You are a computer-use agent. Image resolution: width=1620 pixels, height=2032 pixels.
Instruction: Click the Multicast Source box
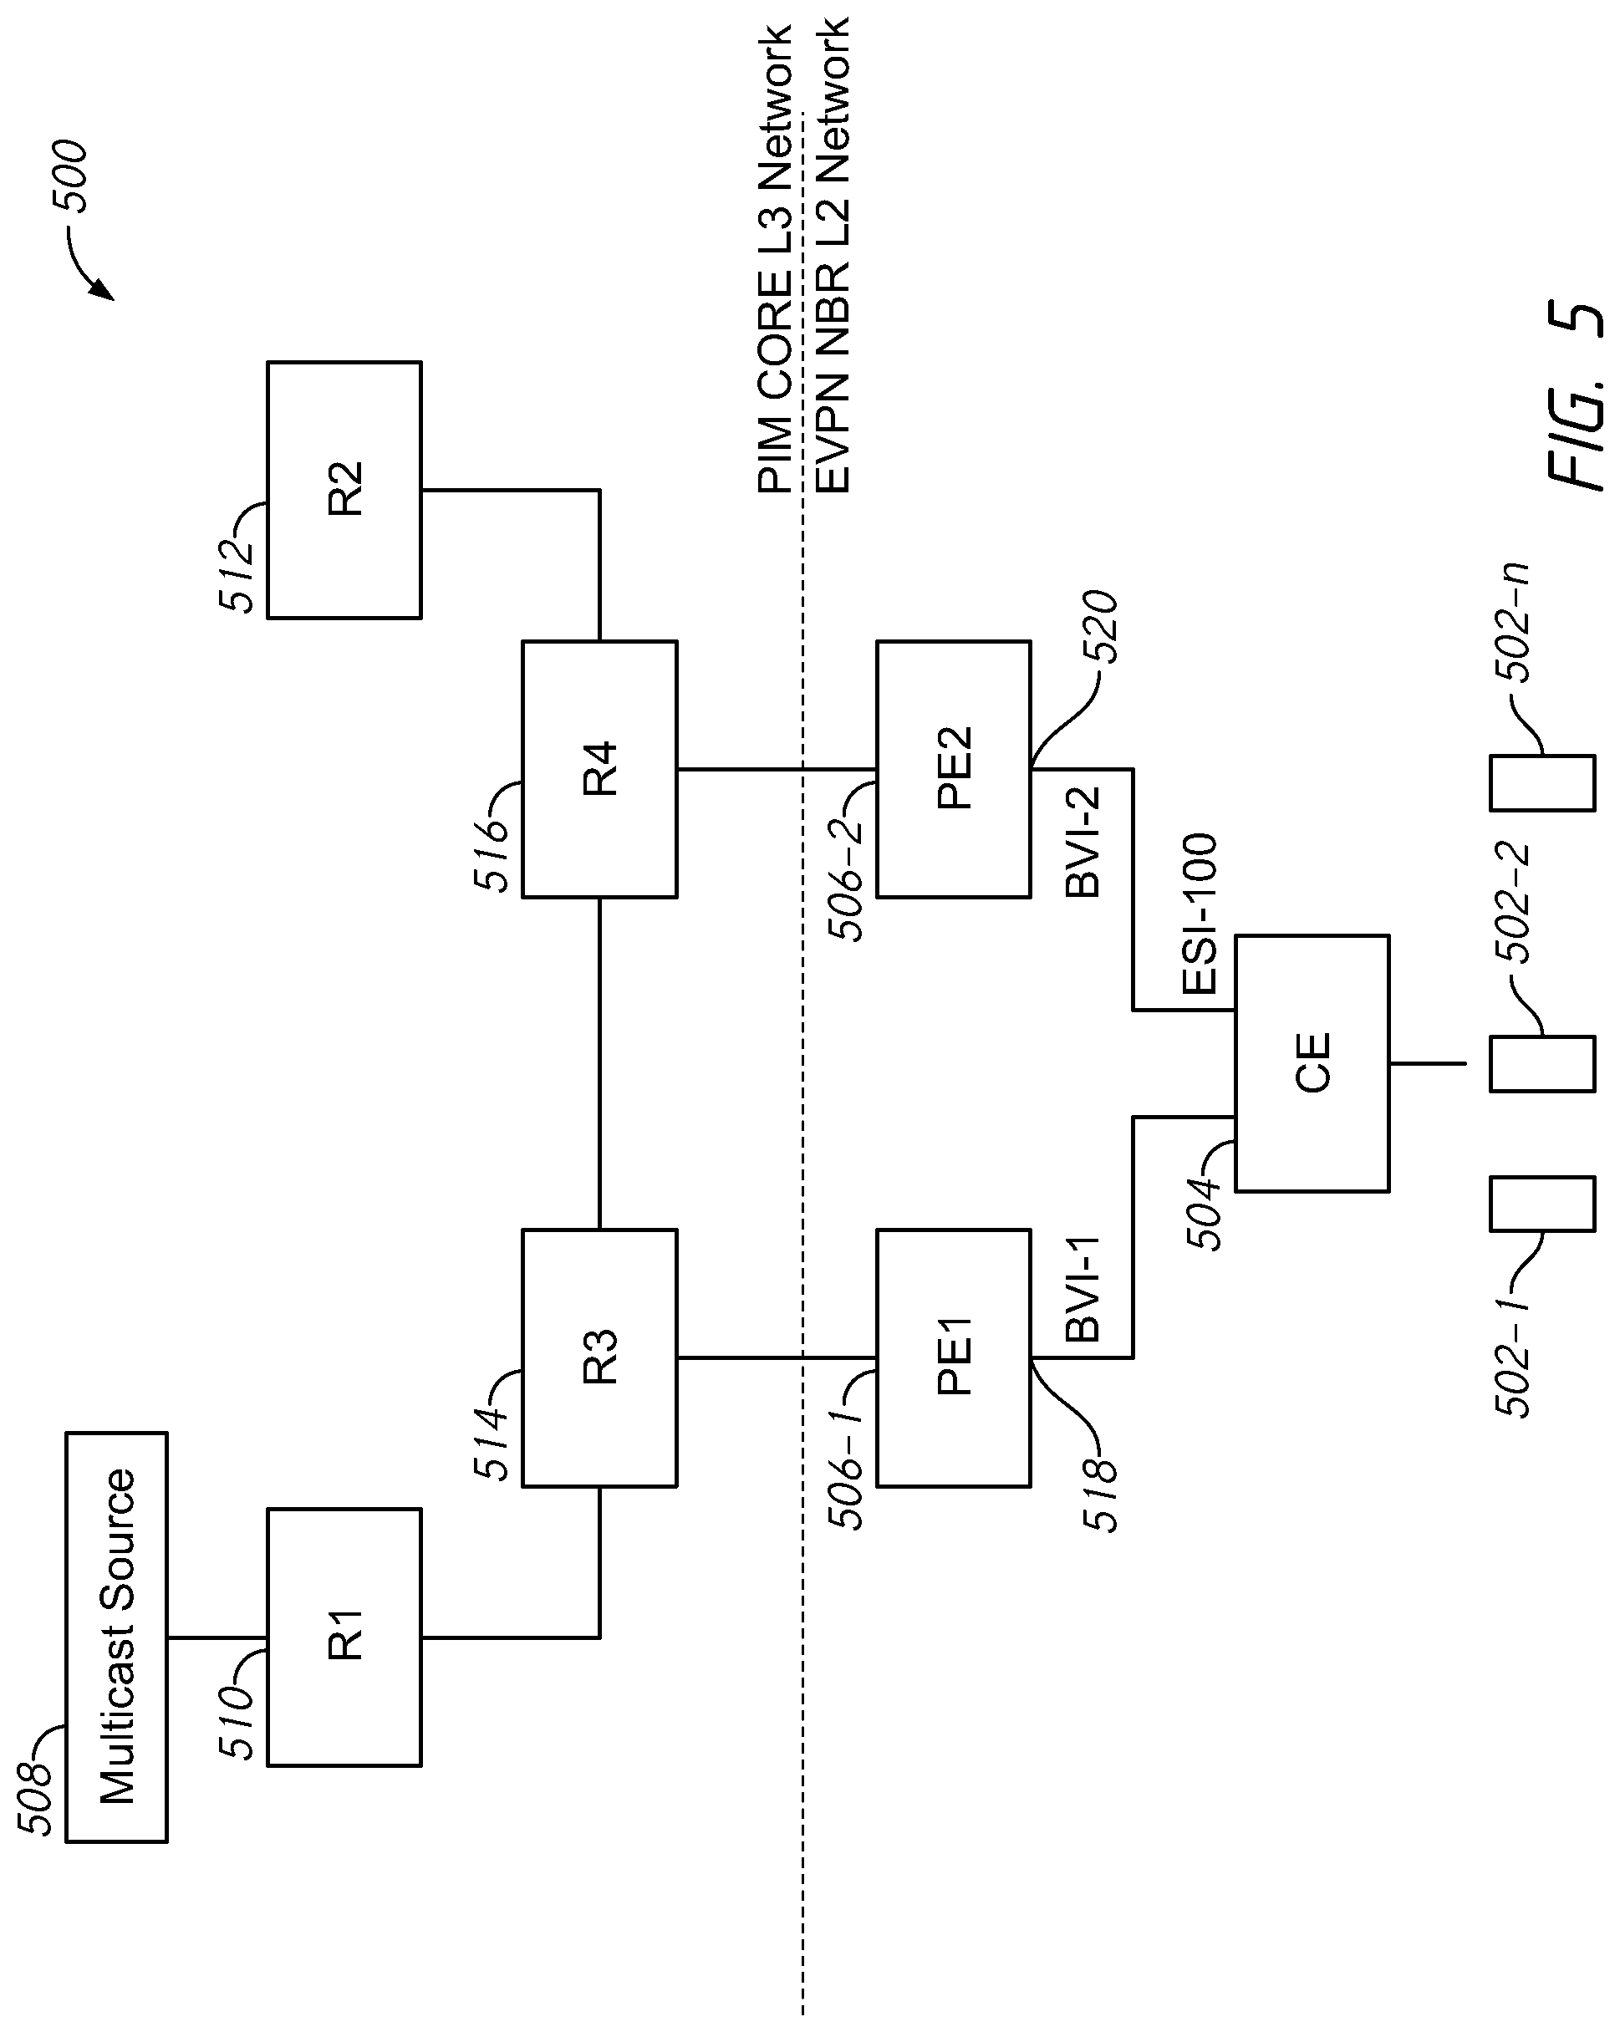116,1637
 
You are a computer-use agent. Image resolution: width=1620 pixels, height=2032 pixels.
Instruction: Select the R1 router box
344,1637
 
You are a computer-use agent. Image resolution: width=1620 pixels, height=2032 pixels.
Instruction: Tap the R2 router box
344,490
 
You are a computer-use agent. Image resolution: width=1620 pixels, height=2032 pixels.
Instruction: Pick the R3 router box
599,1358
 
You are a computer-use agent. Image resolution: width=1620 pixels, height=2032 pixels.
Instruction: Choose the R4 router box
599,769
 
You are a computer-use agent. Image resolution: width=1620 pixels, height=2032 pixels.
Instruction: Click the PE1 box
954,1358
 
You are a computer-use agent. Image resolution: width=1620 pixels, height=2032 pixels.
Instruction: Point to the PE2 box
954,769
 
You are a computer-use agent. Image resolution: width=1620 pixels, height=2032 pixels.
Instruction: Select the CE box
1312,1063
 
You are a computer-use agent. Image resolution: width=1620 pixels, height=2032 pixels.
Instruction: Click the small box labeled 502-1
1541,1204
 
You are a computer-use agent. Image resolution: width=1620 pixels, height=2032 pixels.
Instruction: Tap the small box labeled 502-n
1541,782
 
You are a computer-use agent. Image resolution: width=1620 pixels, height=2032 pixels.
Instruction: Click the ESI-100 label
1200,914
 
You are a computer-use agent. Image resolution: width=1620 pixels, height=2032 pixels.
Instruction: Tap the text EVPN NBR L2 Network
832,254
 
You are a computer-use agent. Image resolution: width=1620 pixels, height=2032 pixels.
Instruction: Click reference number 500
69,176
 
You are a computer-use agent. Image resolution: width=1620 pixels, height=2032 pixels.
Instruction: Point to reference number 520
1100,627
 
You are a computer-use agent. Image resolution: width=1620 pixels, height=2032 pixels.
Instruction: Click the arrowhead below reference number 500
104,289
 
